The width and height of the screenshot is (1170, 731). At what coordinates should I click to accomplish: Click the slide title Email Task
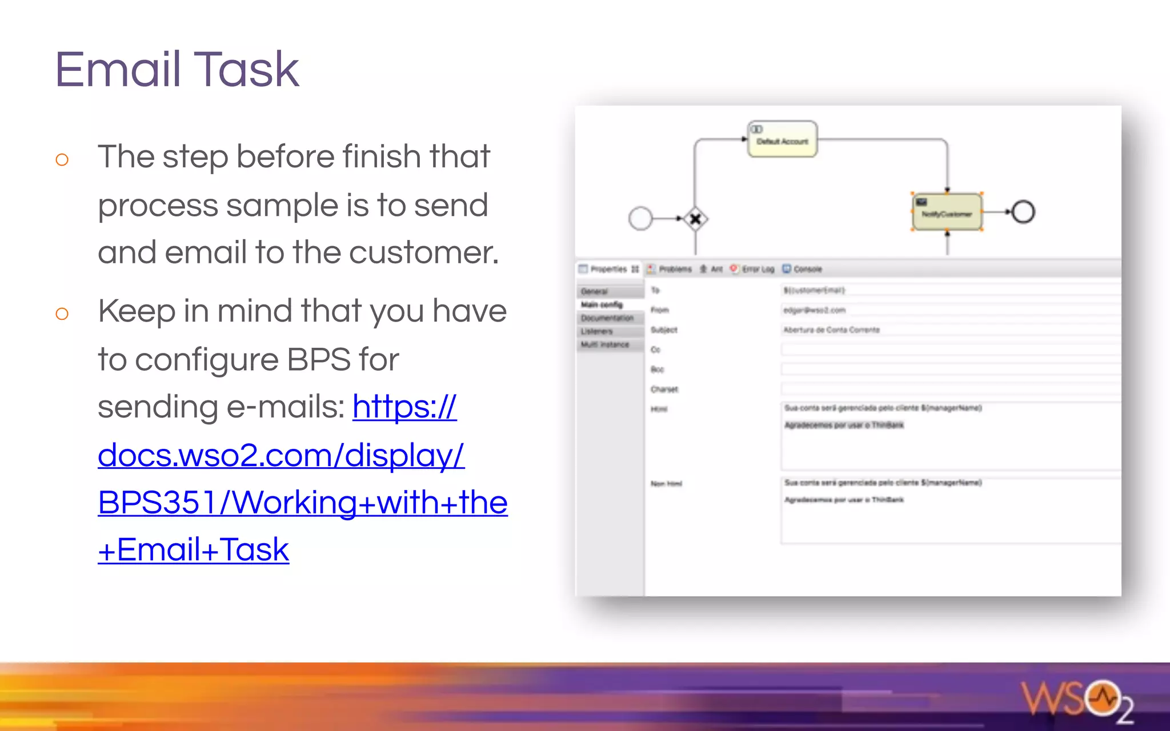(177, 70)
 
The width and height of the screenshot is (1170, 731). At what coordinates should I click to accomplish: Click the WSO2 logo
(1076, 700)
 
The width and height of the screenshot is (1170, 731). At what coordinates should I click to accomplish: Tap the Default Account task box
(782, 139)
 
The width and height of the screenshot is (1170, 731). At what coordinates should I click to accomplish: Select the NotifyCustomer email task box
(947, 212)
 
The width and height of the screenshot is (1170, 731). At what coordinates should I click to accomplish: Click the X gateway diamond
(695, 219)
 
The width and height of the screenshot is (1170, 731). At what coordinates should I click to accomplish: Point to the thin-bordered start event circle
(640, 218)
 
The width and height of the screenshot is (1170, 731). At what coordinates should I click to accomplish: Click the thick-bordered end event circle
(1023, 212)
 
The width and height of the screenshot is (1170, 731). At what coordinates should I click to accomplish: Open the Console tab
(807, 269)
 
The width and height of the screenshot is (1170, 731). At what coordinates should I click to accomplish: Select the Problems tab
(674, 269)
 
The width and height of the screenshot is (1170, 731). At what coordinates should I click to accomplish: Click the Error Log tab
(757, 269)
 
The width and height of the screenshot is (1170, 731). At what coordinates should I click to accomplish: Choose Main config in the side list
(602, 304)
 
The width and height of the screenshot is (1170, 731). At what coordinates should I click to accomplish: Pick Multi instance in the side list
(604, 344)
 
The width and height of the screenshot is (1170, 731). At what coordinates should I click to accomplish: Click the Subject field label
(664, 330)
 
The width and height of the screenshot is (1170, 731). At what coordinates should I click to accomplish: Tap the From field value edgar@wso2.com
(814, 310)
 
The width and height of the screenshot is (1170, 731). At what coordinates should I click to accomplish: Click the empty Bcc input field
(948, 369)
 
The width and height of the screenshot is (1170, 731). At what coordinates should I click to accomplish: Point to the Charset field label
(664, 389)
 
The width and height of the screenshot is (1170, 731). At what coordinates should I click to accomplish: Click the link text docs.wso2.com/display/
(281, 455)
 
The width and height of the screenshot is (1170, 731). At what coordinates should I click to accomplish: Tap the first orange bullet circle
(62, 159)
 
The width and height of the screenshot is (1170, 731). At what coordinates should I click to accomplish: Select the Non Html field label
(666, 484)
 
